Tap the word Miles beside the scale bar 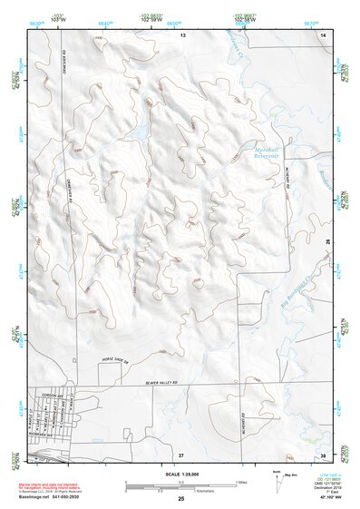point(242,481)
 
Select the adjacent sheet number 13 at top point(181,34)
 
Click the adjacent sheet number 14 point(323,34)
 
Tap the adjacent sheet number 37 point(181,453)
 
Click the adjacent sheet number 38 point(323,453)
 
